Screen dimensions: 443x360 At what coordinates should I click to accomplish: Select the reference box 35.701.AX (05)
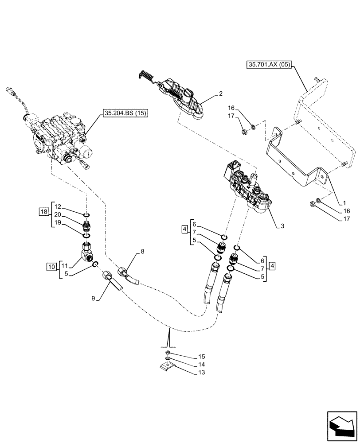pos(269,65)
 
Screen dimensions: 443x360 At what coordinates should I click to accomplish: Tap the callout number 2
pos(220,94)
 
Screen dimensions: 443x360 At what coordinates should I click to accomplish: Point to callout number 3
pos(282,225)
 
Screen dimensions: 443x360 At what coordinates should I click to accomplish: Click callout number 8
pos(142,251)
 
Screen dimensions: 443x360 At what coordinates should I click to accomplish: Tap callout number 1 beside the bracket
pos(344,203)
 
